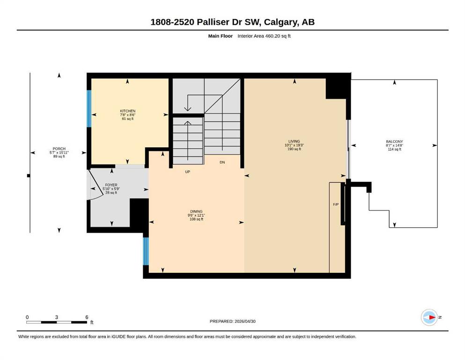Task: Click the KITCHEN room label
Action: click(127, 111)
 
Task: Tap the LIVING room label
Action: click(294, 141)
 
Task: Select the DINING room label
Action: click(196, 211)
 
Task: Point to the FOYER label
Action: click(111, 185)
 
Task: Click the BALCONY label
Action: click(394, 142)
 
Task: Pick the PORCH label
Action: click(59, 149)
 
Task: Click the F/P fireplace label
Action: click(336, 204)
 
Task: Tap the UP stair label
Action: click(187, 172)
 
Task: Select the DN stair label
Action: click(222, 162)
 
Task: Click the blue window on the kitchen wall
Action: click(89, 109)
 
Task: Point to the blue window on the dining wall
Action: click(146, 251)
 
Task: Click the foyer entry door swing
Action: click(96, 185)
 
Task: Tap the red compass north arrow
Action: click(432, 317)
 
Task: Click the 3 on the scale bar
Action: click(56, 317)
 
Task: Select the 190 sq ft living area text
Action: click(294, 149)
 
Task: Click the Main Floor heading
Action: click(221, 36)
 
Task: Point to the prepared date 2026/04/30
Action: click(245, 321)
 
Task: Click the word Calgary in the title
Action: click(281, 22)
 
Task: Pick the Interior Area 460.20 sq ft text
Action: click(264, 36)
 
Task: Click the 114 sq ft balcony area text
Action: click(394, 149)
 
